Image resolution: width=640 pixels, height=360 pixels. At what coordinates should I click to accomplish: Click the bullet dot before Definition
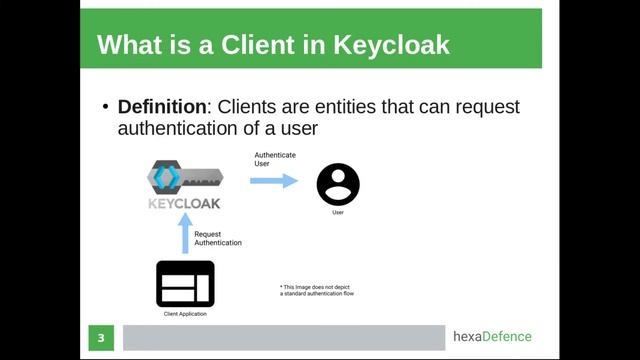tap(106, 107)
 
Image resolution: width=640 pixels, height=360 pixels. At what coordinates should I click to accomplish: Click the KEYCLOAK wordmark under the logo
tap(184, 204)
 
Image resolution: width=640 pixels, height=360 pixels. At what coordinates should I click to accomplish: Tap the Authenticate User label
tap(274, 159)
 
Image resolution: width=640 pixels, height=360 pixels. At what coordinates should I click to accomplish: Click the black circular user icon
tap(338, 184)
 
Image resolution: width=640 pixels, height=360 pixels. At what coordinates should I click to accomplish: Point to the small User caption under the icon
tap(338, 212)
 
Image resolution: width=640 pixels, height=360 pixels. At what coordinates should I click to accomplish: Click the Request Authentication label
tap(217, 238)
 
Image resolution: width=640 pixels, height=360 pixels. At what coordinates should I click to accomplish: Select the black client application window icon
tap(185, 283)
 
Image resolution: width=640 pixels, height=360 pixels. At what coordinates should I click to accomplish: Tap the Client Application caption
tap(186, 315)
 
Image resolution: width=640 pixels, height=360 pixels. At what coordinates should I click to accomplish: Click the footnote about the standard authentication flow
tap(317, 290)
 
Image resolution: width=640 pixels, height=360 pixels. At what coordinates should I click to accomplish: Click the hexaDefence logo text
tap(492, 337)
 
